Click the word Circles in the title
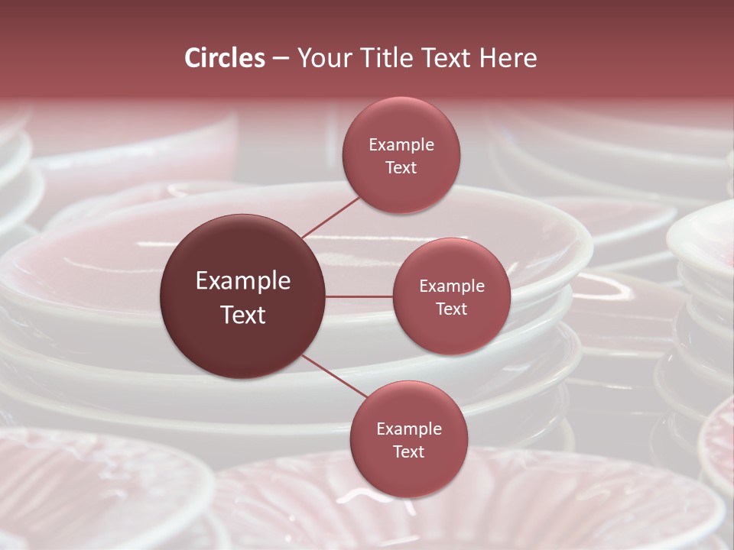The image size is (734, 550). click(225, 58)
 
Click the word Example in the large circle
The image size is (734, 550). click(243, 281)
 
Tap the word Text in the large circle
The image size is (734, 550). click(243, 314)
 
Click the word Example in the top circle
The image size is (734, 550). click(401, 145)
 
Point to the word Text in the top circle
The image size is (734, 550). click(401, 167)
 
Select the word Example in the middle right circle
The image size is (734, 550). click(452, 286)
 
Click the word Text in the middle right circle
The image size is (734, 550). click(452, 309)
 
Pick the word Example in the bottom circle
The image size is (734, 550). click(409, 429)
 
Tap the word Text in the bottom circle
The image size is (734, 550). click(409, 451)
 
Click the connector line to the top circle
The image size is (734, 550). click(330, 217)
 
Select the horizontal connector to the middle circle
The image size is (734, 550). click(359, 296)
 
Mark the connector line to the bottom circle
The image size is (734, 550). click(333, 377)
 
